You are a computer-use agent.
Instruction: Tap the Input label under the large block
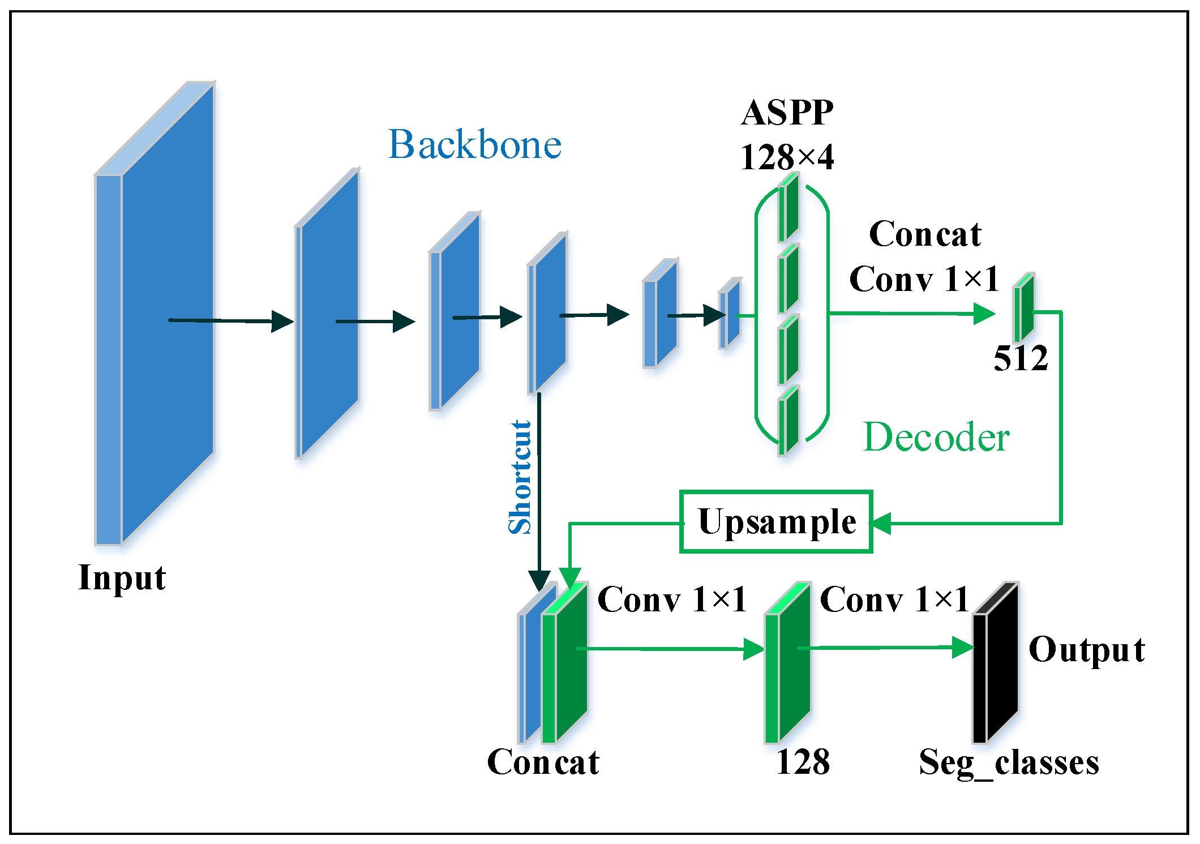click(122, 578)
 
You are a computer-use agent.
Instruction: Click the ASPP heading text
click(787, 113)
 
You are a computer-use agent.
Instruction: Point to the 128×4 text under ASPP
click(787, 157)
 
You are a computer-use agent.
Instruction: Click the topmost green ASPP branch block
click(788, 208)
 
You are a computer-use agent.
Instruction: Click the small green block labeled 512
click(1024, 309)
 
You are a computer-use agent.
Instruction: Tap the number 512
click(1021, 358)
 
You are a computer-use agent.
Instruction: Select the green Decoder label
click(936, 438)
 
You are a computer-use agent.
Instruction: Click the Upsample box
click(776, 521)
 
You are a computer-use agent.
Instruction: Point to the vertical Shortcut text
click(520, 477)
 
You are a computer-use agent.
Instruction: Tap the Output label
click(1087, 649)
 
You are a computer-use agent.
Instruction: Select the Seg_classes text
click(1009, 762)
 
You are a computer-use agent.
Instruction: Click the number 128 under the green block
click(803, 762)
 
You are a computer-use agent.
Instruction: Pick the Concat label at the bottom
click(543, 762)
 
